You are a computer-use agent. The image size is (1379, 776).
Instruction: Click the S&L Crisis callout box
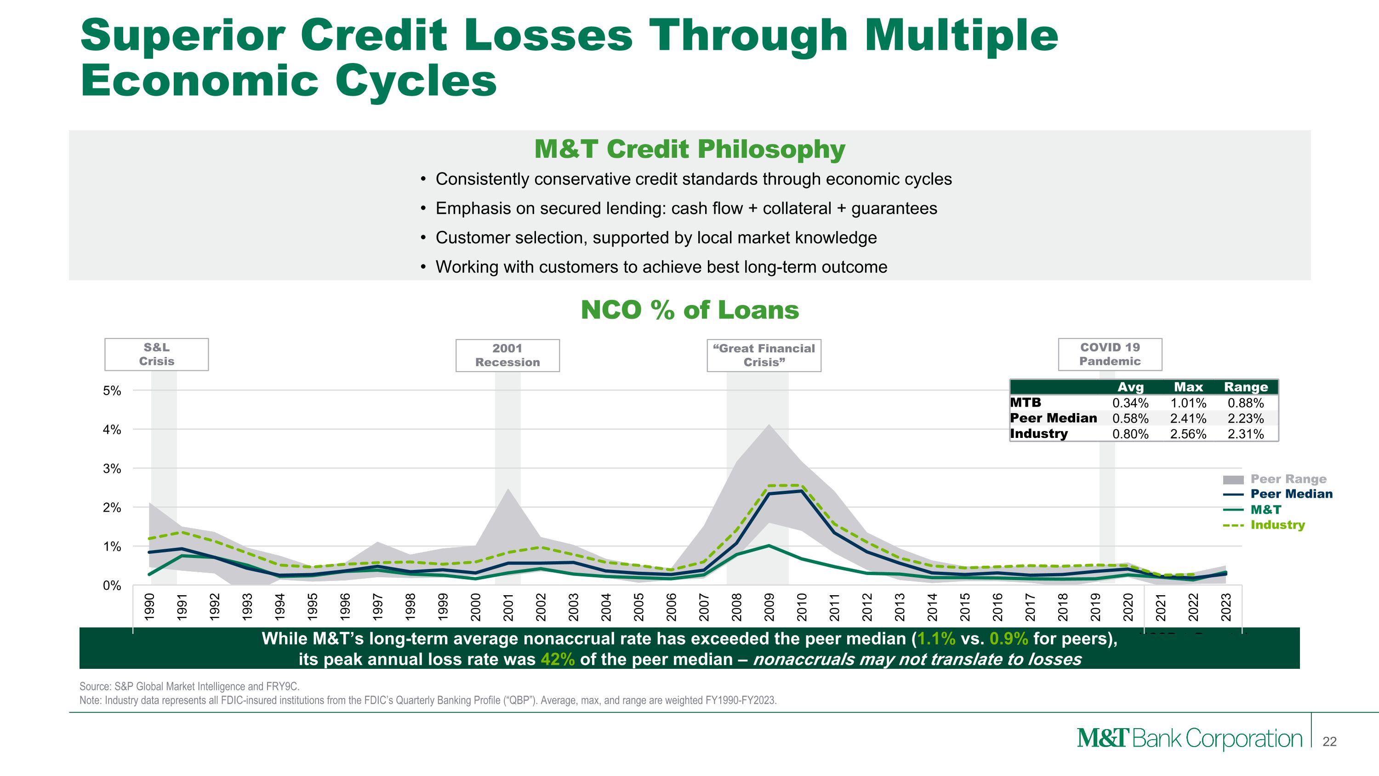(156, 355)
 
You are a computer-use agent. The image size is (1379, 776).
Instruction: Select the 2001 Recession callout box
(507, 356)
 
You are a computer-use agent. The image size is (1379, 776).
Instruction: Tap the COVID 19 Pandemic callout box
(1110, 355)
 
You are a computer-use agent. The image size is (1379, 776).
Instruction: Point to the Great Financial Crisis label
(764, 356)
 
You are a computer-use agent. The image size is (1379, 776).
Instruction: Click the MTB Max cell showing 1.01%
(1188, 403)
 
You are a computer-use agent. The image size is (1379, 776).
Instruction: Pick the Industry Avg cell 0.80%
(1130, 434)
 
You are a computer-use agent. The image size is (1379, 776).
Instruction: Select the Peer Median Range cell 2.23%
(1245, 418)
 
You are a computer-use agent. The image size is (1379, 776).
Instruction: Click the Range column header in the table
(1246, 387)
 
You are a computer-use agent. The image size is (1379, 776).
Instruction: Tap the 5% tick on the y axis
(112, 391)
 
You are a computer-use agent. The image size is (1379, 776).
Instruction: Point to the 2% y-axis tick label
(112, 508)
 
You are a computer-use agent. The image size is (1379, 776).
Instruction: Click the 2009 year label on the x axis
(769, 607)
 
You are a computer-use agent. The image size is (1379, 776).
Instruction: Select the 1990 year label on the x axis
(150, 607)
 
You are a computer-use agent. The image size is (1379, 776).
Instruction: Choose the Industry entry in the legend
(1277, 525)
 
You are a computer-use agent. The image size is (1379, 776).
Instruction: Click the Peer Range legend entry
(1288, 479)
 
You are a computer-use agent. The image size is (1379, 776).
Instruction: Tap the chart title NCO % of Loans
(689, 310)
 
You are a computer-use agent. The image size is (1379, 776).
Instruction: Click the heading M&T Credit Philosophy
(689, 149)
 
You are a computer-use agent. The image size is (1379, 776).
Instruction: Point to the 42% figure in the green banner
(557, 659)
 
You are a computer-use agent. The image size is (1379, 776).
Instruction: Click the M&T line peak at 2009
(769, 546)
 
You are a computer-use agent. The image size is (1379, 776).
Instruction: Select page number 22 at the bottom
(1329, 742)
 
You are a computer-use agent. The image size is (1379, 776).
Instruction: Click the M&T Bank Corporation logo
(1189, 739)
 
